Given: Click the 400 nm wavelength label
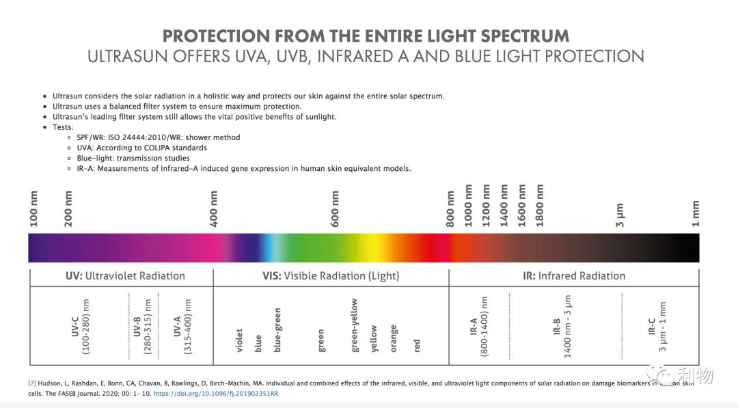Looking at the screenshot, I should pyautogui.click(x=215, y=209).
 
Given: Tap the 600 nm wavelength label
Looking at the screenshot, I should pyautogui.click(x=335, y=209).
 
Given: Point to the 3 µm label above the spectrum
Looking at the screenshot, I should pyautogui.click(x=620, y=215).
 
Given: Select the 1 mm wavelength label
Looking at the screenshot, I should pyautogui.click(x=696, y=214).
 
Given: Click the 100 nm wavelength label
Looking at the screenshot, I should pyautogui.click(x=34, y=209).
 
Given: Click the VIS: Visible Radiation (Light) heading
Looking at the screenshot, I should pyautogui.click(x=331, y=276).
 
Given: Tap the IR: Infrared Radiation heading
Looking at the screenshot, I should pyautogui.click(x=574, y=276).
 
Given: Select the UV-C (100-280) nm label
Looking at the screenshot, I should pyautogui.click(x=81, y=327).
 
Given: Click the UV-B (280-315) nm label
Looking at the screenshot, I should pyautogui.click(x=142, y=327).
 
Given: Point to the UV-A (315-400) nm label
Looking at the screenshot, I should pyautogui.click(x=182, y=327).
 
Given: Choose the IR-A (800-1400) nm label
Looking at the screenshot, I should pyautogui.click(x=478, y=327).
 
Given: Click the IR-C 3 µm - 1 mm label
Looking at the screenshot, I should pyautogui.click(x=657, y=327).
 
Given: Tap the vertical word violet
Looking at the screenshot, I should pyautogui.click(x=239, y=340).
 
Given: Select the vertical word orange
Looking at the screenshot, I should pyautogui.click(x=394, y=338).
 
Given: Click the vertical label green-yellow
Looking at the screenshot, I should pyautogui.click(x=355, y=325).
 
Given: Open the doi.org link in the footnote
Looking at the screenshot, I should pyautogui.click(x=215, y=394).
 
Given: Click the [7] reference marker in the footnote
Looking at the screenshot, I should pyautogui.click(x=32, y=383).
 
